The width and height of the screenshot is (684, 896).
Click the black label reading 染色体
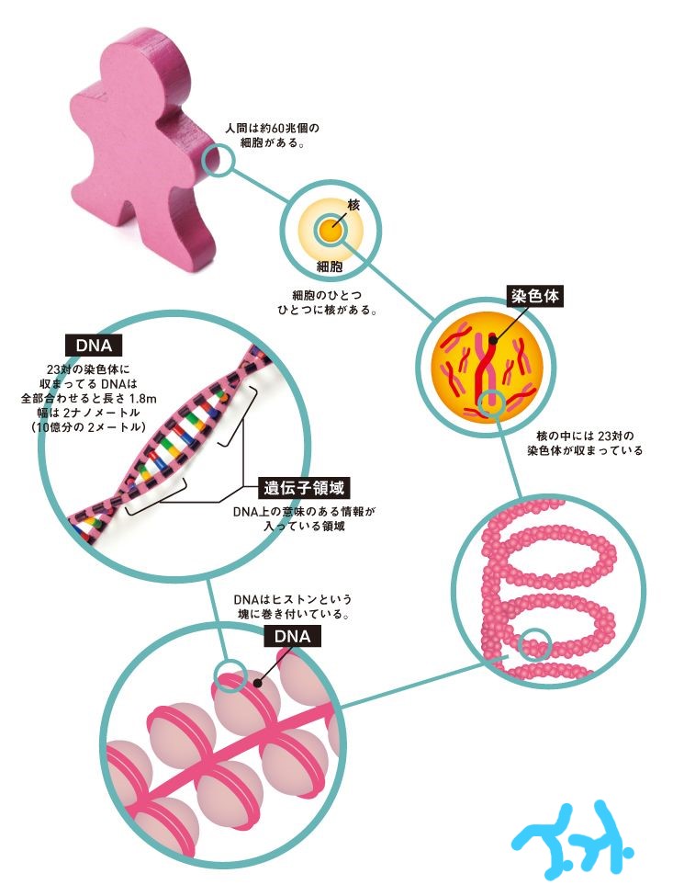point(533,297)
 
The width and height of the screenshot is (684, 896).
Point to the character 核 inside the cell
point(353,204)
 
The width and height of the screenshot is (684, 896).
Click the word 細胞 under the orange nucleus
point(329,267)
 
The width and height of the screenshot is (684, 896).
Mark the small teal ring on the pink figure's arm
point(220,162)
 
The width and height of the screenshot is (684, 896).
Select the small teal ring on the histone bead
point(230,675)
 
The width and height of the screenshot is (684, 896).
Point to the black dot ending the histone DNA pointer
point(260,682)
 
